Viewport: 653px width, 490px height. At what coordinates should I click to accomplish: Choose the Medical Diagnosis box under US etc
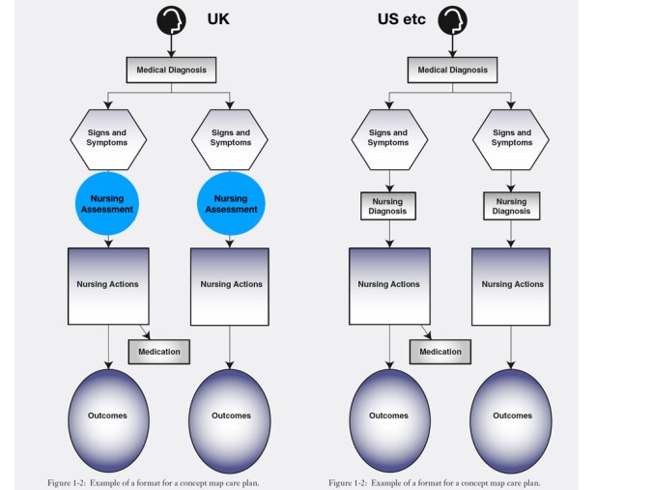click(x=452, y=70)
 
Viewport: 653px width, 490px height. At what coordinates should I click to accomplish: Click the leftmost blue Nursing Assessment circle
click(x=108, y=203)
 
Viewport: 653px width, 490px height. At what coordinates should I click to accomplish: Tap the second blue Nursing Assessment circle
click(x=231, y=203)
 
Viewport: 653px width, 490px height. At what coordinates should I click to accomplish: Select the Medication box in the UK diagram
click(x=159, y=352)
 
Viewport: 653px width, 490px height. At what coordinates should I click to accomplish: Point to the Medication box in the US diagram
click(x=440, y=352)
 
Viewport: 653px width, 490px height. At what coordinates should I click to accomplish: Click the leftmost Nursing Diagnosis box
click(x=388, y=206)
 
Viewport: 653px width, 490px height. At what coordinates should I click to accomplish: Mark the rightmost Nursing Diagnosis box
click(x=512, y=206)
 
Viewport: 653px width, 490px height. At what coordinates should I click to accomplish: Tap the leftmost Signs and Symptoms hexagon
click(x=108, y=137)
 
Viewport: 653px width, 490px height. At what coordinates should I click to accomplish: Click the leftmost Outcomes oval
click(x=108, y=416)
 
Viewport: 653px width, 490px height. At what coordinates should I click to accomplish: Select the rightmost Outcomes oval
click(x=512, y=416)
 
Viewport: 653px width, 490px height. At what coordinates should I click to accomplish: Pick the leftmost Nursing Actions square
click(x=108, y=285)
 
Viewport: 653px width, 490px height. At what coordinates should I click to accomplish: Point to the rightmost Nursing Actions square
click(x=512, y=285)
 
